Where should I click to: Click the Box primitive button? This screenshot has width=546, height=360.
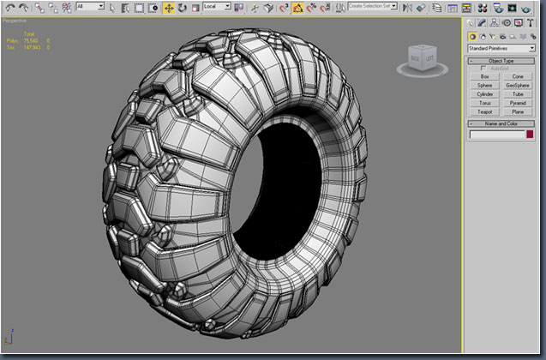pyautogui.click(x=485, y=76)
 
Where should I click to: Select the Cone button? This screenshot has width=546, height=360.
pyautogui.click(x=518, y=76)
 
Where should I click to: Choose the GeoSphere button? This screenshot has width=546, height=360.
pyautogui.click(x=518, y=86)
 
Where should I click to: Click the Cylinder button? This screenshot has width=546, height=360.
pyautogui.click(x=485, y=94)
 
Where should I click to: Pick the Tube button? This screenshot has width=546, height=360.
pyautogui.click(x=518, y=94)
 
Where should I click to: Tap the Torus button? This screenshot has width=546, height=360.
pyautogui.click(x=485, y=103)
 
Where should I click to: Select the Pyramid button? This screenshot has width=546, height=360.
pyautogui.click(x=518, y=103)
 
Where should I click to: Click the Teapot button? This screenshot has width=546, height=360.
pyautogui.click(x=485, y=112)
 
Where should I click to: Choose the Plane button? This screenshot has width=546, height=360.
pyautogui.click(x=518, y=112)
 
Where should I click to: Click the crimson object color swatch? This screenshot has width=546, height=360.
pyautogui.click(x=530, y=135)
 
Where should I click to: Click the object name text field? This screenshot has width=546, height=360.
pyautogui.click(x=496, y=135)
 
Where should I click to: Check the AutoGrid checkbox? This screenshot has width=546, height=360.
pyautogui.click(x=483, y=68)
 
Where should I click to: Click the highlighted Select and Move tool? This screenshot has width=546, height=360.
pyautogui.click(x=168, y=8)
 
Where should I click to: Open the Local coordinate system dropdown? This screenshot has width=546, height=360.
pyautogui.click(x=217, y=7)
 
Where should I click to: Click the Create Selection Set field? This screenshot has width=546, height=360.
pyautogui.click(x=370, y=7)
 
